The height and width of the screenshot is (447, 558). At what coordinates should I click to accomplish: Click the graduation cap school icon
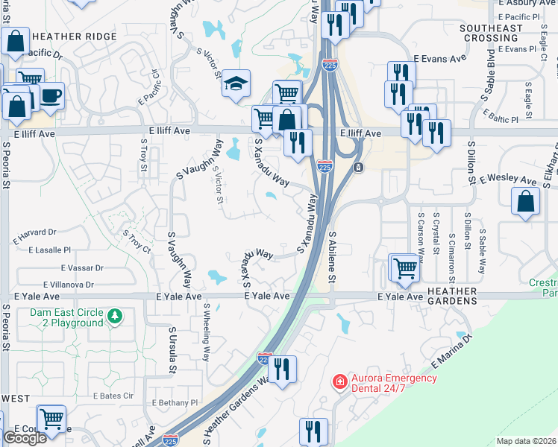(236, 83)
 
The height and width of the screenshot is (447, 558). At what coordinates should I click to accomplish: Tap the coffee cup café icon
(51, 95)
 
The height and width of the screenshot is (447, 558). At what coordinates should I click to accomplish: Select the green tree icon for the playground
(115, 317)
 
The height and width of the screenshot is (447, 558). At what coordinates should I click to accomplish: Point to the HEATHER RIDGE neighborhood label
(75, 37)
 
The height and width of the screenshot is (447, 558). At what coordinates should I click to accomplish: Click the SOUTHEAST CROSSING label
(492, 33)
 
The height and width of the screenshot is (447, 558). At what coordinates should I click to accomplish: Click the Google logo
(25, 438)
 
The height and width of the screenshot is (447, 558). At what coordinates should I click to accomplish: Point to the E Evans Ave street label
(439, 57)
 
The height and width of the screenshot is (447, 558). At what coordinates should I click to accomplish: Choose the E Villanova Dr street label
(69, 285)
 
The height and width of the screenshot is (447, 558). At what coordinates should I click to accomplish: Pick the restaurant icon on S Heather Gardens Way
(282, 370)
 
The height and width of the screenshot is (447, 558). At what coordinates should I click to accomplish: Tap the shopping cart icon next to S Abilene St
(404, 267)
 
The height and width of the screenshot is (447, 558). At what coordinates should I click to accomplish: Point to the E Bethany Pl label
(175, 402)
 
